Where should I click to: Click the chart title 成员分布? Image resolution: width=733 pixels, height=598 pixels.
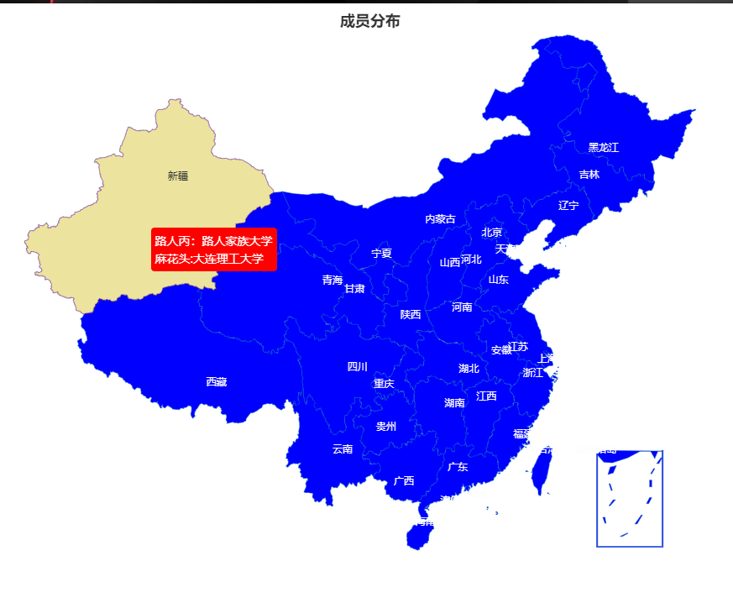tap(369, 22)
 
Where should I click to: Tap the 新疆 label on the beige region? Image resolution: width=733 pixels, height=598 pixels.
tap(178, 176)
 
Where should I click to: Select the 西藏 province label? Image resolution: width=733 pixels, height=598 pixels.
tap(217, 382)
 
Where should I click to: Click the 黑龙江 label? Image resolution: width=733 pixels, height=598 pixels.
tap(603, 148)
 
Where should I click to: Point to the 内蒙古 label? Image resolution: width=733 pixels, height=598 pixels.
tap(440, 219)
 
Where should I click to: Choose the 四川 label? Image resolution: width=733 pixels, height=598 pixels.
tap(358, 367)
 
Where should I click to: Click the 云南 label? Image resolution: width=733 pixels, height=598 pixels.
tap(343, 449)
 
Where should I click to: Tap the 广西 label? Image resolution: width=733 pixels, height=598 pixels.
tap(404, 481)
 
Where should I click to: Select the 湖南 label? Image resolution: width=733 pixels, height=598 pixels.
tap(454, 403)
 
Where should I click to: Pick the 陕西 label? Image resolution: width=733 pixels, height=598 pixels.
tap(411, 315)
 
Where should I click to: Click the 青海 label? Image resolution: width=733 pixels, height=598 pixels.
tap(332, 281)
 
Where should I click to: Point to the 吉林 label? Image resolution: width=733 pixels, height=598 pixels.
tap(589, 175)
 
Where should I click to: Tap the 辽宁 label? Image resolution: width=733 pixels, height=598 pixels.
tap(568, 206)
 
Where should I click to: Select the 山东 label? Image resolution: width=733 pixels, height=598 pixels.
tap(499, 280)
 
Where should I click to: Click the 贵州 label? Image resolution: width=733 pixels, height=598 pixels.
tap(386, 427)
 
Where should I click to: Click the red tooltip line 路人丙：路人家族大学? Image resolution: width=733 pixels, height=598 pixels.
tap(214, 241)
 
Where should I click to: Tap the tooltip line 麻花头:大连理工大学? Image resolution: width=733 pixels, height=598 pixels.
tap(209, 259)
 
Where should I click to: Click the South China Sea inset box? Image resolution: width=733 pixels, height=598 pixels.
tap(630, 500)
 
